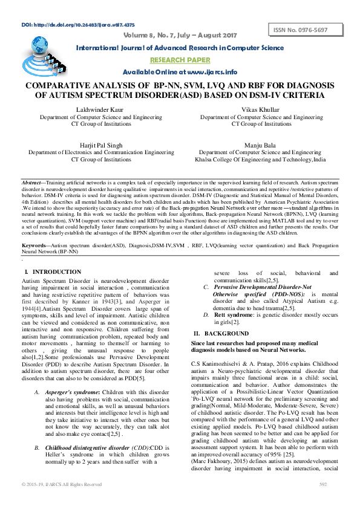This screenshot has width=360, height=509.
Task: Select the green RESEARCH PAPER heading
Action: point(180,60)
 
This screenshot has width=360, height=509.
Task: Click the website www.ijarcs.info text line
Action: point(180,72)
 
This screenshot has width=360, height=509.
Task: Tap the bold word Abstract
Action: point(31,182)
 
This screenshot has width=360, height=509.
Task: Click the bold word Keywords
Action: point(34,245)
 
